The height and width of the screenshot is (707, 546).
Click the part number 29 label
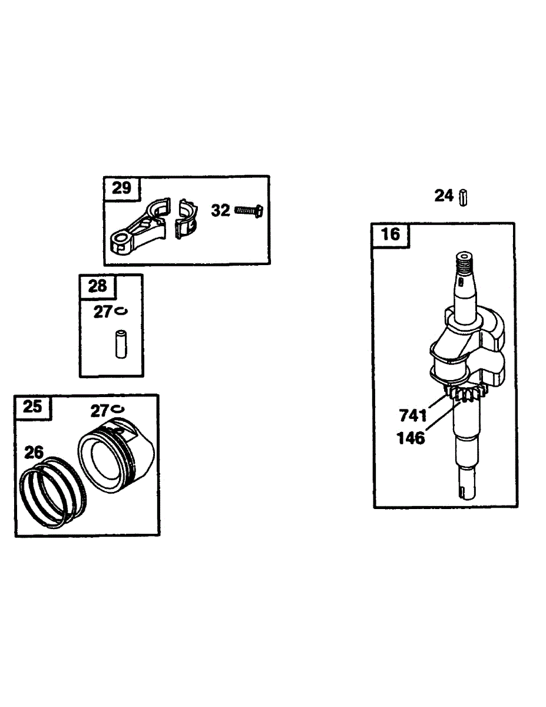tap(121, 188)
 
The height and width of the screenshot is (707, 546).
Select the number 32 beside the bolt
tap(220, 210)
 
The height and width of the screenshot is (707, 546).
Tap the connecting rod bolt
tap(249, 211)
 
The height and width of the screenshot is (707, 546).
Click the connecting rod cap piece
tap(186, 219)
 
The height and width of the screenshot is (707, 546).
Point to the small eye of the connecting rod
tap(121, 240)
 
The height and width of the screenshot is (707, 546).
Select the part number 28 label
tap(97, 286)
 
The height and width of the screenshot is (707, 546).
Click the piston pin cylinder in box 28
tap(121, 345)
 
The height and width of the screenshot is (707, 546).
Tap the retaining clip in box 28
tap(121, 311)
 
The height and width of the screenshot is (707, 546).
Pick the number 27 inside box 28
tap(102, 312)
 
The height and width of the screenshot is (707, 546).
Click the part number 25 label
tap(33, 407)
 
